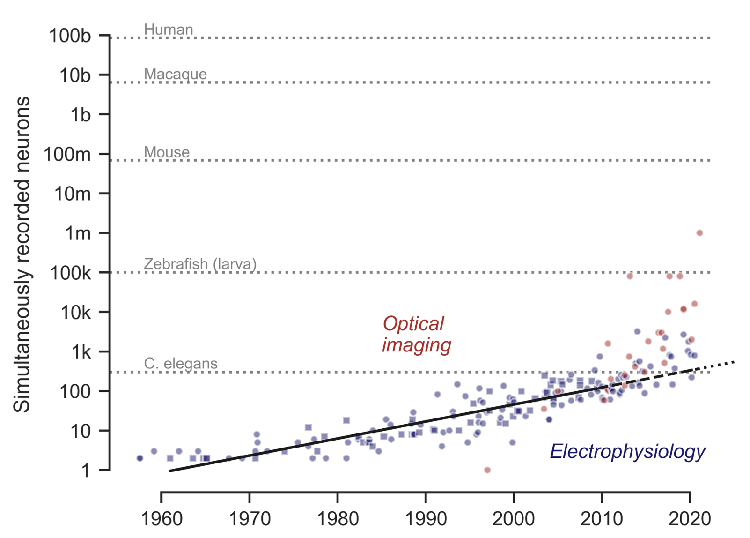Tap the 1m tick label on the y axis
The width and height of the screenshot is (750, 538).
tap(78, 233)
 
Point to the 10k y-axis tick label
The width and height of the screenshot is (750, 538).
tap(75, 312)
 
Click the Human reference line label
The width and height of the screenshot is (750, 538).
tap(169, 30)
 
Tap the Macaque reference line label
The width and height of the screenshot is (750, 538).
tap(175, 74)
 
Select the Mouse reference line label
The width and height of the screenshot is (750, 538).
tap(167, 152)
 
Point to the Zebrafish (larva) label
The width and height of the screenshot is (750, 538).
tap(200, 264)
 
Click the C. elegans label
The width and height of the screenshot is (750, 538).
tap(181, 363)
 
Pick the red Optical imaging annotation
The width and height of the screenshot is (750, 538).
tap(416, 334)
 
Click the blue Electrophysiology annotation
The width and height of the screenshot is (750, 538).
tap(627, 451)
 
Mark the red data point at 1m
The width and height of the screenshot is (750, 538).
tap(699, 233)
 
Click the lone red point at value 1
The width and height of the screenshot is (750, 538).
tap(487, 470)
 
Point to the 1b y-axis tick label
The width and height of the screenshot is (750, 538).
tap(80, 115)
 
